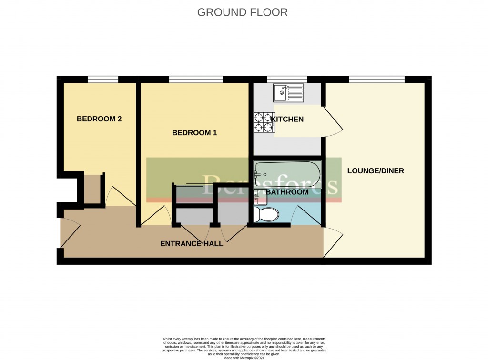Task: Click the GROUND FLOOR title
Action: click(x=242, y=12)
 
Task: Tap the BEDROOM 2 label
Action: click(x=99, y=119)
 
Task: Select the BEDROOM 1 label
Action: click(x=194, y=133)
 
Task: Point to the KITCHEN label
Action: click(x=287, y=119)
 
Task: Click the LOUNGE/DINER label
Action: click(x=376, y=170)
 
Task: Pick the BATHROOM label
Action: click(x=287, y=192)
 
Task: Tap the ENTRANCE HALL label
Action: click(x=192, y=243)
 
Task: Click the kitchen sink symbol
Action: click(x=288, y=93)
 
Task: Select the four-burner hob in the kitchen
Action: click(x=264, y=122)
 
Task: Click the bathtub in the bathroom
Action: click(x=287, y=174)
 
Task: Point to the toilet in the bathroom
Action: click(x=266, y=214)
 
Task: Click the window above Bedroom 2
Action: click(x=102, y=79)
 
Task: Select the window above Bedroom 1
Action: click(x=196, y=79)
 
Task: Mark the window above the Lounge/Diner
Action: click(x=376, y=79)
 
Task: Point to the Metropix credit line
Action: click(x=244, y=351)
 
